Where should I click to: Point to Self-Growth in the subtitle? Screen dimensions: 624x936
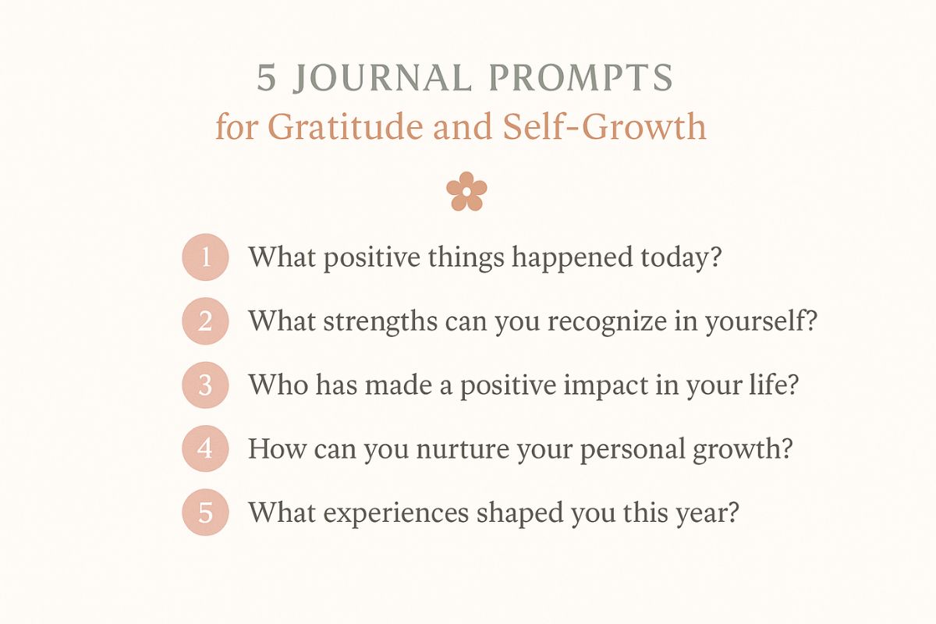point(604,126)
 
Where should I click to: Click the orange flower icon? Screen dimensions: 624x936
point(466,190)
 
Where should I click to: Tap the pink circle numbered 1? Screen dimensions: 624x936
point(205,257)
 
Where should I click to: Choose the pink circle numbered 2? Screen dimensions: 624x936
point(205,321)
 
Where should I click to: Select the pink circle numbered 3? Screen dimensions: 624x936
point(205,385)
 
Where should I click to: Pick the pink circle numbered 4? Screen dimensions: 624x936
point(205,449)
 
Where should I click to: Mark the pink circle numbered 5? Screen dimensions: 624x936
point(205,513)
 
